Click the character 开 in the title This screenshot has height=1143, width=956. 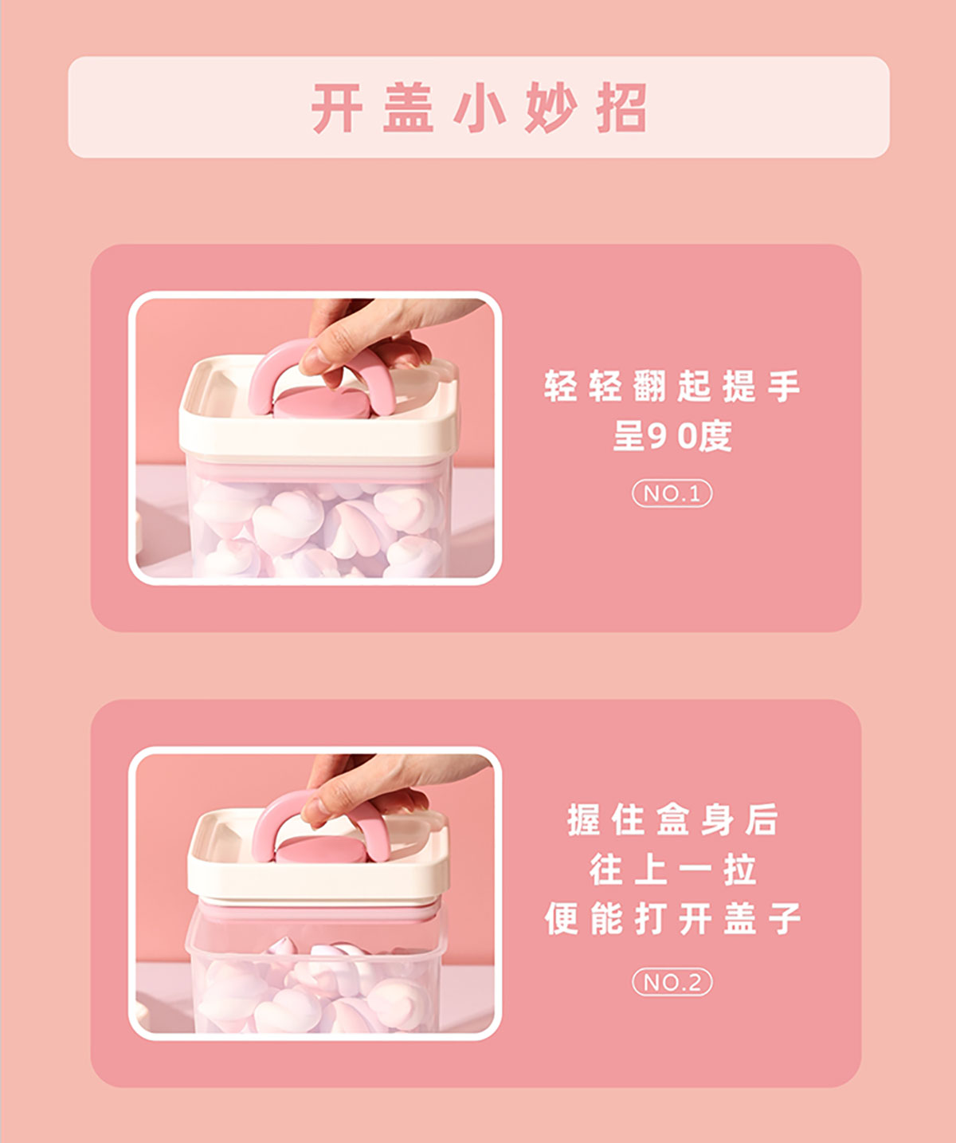pyautogui.click(x=336, y=108)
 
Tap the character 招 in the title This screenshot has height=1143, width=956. pyautogui.click(x=621, y=108)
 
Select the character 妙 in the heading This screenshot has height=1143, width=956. pyautogui.click(x=550, y=108)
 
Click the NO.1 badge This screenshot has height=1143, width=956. pyautogui.click(x=672, y=493)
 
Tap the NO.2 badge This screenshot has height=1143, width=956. pyautogui.click(x=672, y=982)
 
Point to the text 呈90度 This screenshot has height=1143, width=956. pyautogui.click(x=672, y=436)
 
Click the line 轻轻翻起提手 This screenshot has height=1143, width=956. pyautogui.click(x=672, y=386)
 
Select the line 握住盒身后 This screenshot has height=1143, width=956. pyautogui.click(x=672, y=819)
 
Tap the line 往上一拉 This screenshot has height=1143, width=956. pyautogui.click(x=672, y=870)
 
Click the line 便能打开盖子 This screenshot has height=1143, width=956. pyautogui.click(x=672, y=918)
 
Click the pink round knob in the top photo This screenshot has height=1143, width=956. pyautogui.click(x=322, y=404)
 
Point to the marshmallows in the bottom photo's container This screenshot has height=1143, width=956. pyautogui.click(x=316, y=985)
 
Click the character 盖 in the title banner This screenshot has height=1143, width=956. pyautogui.click(x=408, y=108)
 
